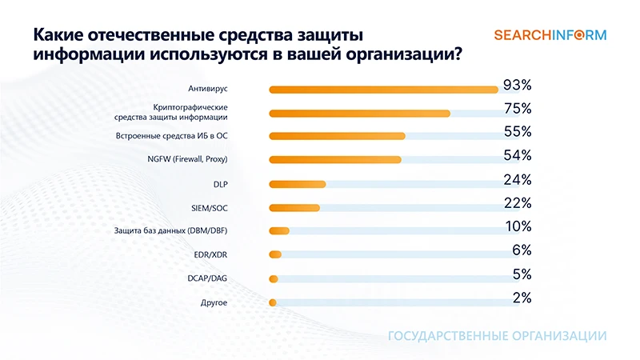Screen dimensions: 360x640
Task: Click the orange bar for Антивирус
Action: coord(384,89)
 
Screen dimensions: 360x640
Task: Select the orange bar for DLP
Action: coord(298,184)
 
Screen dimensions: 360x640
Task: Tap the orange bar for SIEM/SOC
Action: coord(294,208)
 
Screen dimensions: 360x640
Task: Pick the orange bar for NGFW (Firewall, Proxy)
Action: coord(335,160)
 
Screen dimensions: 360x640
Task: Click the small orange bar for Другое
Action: coord(273,302)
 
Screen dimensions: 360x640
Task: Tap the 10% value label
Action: coord(518,226)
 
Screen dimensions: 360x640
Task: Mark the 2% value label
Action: coord(522,298)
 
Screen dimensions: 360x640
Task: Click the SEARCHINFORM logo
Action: coord(550,35)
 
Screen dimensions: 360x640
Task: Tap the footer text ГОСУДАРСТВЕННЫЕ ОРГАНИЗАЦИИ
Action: coord(497,336)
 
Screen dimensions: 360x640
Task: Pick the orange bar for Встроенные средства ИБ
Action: coord(337,136)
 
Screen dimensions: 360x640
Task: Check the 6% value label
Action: coord(522,250)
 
